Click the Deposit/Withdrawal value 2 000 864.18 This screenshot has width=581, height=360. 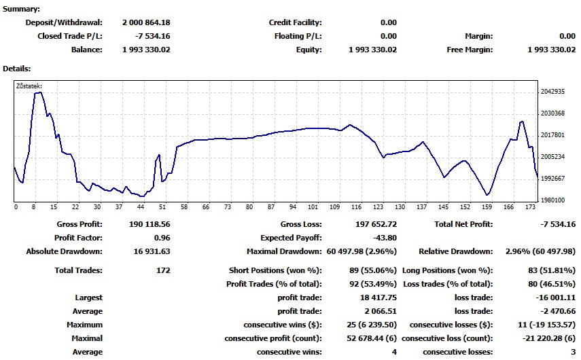pos(146,23)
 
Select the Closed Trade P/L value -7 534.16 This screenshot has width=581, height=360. pos(153,36)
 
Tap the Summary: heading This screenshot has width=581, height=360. pos(21,9)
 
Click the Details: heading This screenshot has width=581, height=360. pos(17,69)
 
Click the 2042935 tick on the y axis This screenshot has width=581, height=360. pos(552,92)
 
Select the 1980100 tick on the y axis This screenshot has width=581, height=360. pos(552,200)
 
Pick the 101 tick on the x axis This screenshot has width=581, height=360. pos(313,207)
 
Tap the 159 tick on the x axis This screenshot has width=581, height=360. pos(487,207)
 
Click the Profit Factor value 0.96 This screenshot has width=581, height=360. pos(161,238)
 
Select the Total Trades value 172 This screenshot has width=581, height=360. pos(163,270)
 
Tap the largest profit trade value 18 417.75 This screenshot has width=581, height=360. pos(378,298)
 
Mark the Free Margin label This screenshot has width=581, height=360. pos(470,50)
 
